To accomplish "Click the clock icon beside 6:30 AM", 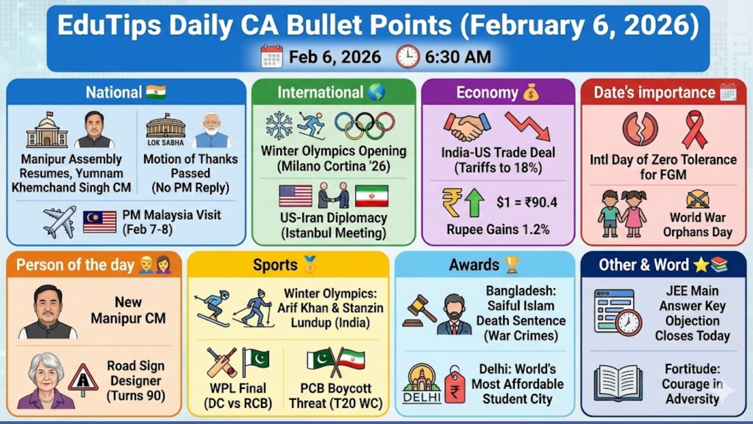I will [407, 57].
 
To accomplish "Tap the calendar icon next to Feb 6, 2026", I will [271, 57].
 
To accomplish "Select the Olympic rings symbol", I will [365, 126].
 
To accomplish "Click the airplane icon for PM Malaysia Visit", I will [60, 222].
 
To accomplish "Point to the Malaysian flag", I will [100, 222].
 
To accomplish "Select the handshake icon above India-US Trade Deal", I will [467, 126].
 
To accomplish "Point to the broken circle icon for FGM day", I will [640, 129].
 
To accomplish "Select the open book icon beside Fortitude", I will [618, 383].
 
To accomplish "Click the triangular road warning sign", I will [83, 379].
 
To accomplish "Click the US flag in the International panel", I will [296, 196].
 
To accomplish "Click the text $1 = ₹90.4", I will [526, 202].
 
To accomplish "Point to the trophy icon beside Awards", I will [513, 265].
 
